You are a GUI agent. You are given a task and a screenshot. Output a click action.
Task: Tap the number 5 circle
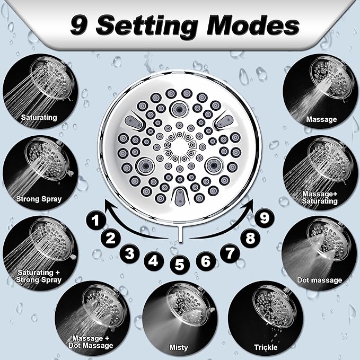click(179, 264)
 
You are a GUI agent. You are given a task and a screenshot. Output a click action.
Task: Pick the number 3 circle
click(130, 253)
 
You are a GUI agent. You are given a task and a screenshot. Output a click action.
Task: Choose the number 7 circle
click(230, 253)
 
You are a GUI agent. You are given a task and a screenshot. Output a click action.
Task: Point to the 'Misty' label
click(179, 347)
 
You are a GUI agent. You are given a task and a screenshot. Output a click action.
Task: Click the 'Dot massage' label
click(320, 280)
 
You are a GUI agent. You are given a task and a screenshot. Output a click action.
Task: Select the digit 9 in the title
click(78, 25)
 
